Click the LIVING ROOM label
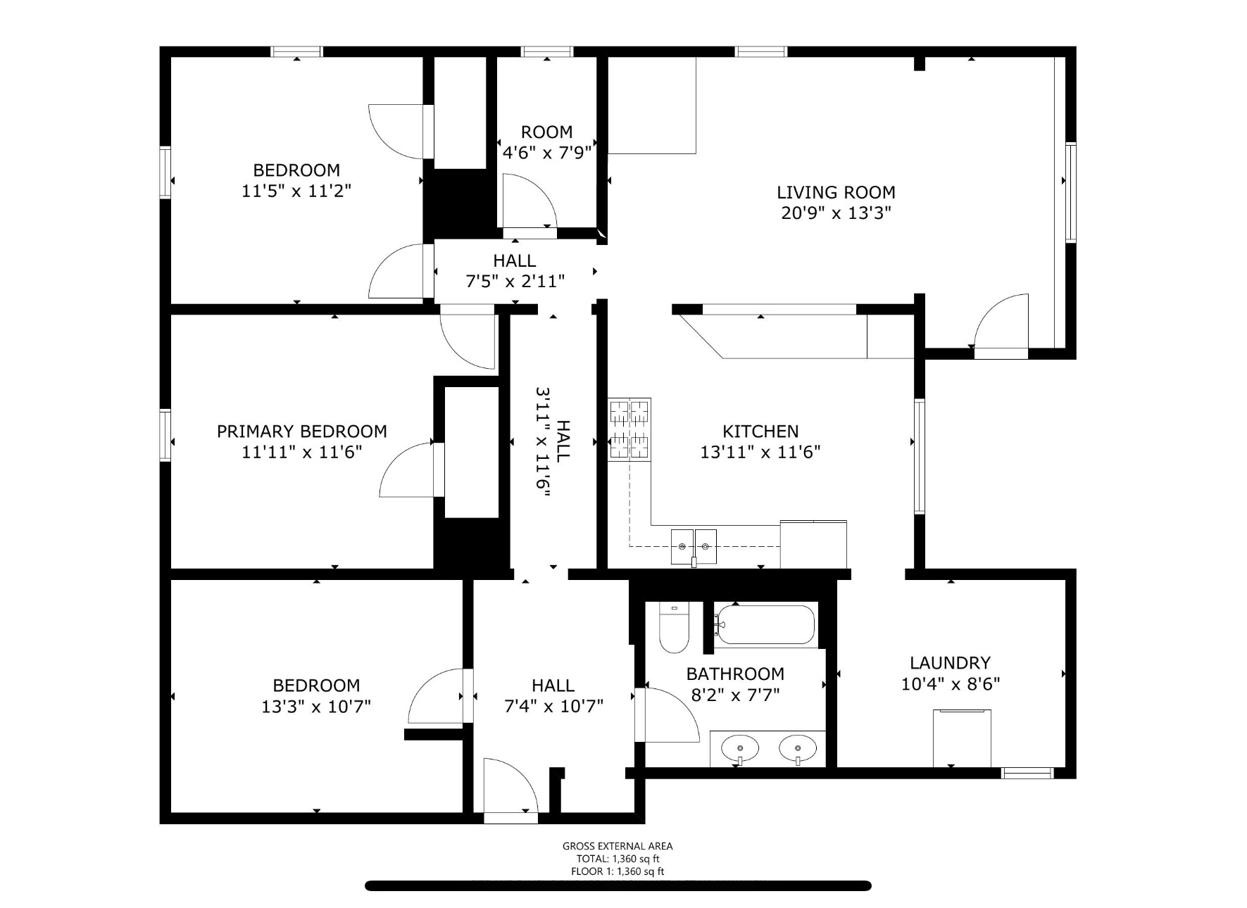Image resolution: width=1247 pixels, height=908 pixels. [x=836, y=192]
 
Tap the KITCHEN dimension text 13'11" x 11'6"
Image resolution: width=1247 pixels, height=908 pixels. [x=760, y=452]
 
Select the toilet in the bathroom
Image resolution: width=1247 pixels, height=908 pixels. [x=674, y=627]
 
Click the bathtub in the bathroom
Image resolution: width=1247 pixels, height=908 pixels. [x=765, y=624]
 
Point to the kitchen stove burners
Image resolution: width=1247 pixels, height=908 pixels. [x=629, y=429]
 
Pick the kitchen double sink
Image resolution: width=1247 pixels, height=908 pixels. [x=694, y=547]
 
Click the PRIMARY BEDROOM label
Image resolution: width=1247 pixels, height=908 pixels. [x=301, y=431]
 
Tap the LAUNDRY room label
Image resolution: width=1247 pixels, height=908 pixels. [x=950, y=663]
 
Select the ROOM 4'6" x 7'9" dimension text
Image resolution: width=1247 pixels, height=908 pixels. [x=546, y=152]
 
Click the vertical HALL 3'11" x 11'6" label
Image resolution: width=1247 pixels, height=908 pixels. [x=553, y=441]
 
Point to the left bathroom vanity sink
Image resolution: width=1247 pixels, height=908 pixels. [x=741, y=749]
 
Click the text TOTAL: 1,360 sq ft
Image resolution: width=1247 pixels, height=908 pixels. [x=618, y=859]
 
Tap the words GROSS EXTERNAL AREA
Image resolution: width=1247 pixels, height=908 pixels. [x=618, y=846]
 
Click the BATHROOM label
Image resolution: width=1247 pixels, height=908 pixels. [x=735, y=674]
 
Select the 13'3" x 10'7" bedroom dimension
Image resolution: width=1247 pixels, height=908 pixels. [x=316, y=706]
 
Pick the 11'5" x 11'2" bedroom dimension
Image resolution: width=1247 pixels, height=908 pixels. [x=296, y=191]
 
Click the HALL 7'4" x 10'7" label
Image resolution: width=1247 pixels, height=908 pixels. [x=553, y=695]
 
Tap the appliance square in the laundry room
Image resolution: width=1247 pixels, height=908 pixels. [x=962, y=738]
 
